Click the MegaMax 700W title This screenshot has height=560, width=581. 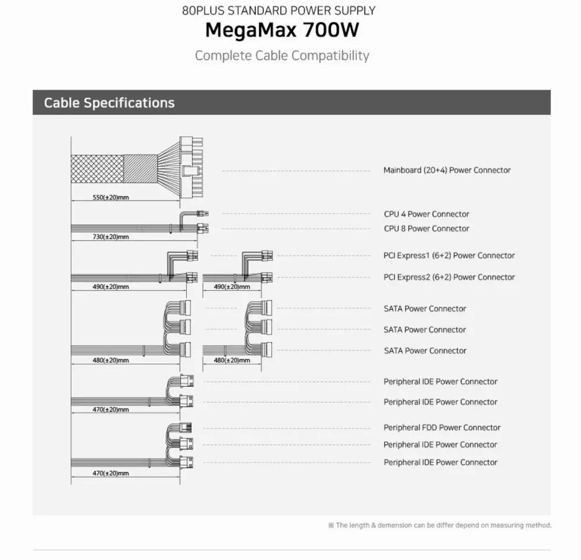(x=282, y=30)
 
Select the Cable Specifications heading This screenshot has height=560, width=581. (x=109, y=103)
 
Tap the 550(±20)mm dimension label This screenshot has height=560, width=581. (x=110, y=197)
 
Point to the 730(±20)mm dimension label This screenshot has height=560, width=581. (x=110, y=237)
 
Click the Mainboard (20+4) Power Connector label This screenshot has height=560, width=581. (x=447, y=170)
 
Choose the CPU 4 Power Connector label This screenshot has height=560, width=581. (x=426, y=214)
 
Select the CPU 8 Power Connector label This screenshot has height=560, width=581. (x=426, y=229)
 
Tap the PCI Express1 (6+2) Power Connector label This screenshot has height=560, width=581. (x=449, y=255)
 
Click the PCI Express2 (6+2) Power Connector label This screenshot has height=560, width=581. (x=449, y=277)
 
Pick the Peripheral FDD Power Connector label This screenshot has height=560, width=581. (x=442, y=427)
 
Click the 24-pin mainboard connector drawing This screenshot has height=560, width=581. (x=191, y=167)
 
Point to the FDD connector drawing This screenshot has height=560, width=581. (x=186, y=427)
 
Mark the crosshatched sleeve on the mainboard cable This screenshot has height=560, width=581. (x=97, y=169)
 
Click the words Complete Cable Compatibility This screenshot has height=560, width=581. (x=282, y=56)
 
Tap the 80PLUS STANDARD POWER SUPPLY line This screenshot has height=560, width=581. (x=279, y=10)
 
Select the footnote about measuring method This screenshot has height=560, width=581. (x=439, y=525)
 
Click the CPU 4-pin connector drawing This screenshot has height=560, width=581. (x=203, y=213)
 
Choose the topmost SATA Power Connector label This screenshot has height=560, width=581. (x=425, y=309)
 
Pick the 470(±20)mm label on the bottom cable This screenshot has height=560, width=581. (x=110, y=473)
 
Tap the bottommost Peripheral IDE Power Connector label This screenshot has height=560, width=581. (x=440, y=462)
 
